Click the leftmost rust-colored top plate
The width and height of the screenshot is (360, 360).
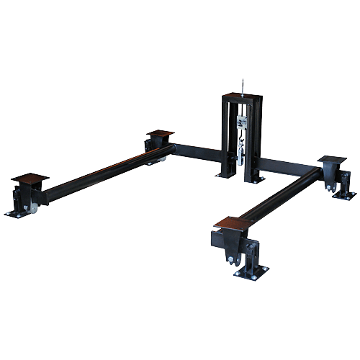pyautogui.click(x=30, y=177)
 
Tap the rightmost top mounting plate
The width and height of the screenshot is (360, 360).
pyautogui.click(x=332, y=158)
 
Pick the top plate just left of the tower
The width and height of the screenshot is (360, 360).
pyautogui.click(x=161, y=134)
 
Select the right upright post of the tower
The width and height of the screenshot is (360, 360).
pyautogui.click(x=257, y=140)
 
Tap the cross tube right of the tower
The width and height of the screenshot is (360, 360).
pyautogui.click(x=288, y=163)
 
